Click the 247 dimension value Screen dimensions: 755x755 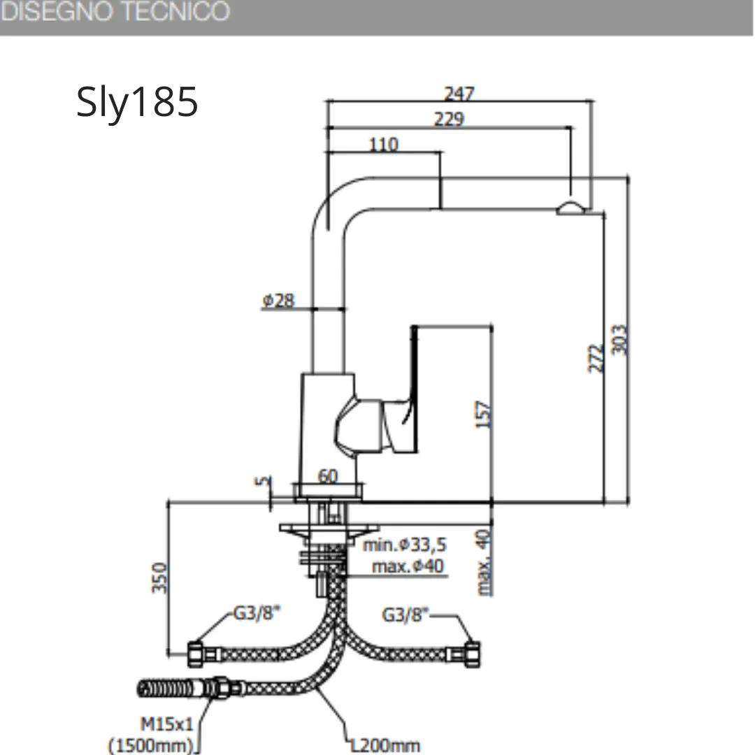pyautogui.click(x=459, y=93)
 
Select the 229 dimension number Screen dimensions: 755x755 pyautogui.click(x=450, y=118)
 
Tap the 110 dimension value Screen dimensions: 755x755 pyautogui.click(x=384, y=145)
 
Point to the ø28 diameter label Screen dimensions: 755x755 pyautogui.click(x=278, y=301)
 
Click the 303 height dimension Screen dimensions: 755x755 pyautogui.click(x=619, y=340)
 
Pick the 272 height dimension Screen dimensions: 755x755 pyautogui.click(x=596, y=358)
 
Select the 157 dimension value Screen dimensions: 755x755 pyautogui.click(x=484, y=414)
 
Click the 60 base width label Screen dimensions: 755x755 pyautogui.click(x=328, y=476)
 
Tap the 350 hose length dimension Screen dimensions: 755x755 pyautogui.click(x=159, y=578)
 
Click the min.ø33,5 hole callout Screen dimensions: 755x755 pyautogui.click(x=405, y=545)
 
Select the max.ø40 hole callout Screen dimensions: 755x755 pyautogui.click(x=408, y=566)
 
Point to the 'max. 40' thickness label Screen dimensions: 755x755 pyautogui.click(x=484, y=562)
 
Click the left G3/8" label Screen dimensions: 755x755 pyautogui.click(x=257, y=613)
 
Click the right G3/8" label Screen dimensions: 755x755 pyautogui.click(x=405, y=614)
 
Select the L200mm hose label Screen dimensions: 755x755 pyautogui.click(x=384, y=745)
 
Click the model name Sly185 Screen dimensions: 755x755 pyautogui.click(x=137, y=101)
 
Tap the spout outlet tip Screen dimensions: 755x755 pyautogui.click(x=571, y=209)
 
